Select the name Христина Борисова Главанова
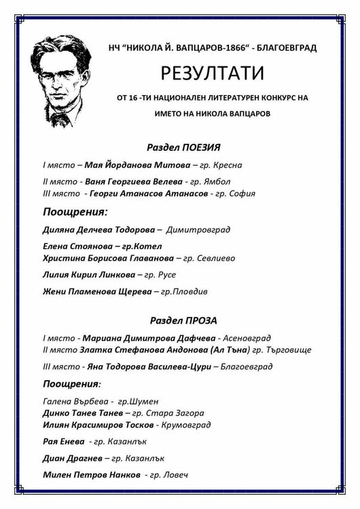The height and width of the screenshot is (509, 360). [x=108, y=258]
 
